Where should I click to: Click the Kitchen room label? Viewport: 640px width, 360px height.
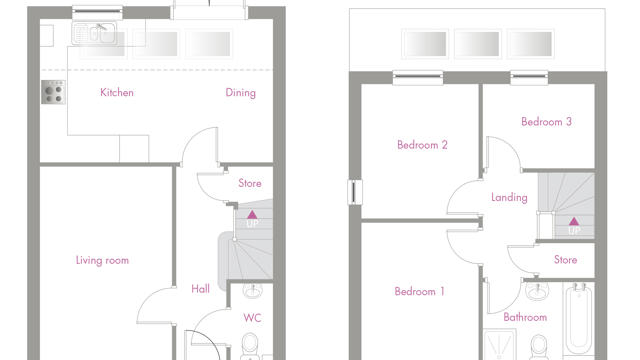point(117,93)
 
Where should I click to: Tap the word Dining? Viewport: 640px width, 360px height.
point(240,93)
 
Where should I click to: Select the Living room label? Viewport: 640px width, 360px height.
point(102,260)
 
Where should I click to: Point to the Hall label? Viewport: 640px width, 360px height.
point(200,289)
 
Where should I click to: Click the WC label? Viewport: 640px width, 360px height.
point(252,318)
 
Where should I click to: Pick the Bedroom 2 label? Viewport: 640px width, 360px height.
point(422,145)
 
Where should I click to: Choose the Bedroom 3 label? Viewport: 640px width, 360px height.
point(546,122)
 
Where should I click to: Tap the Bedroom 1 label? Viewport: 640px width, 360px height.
point(419,291)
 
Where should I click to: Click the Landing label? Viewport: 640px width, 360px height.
point(509,198)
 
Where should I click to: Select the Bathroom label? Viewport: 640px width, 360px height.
point(525,317)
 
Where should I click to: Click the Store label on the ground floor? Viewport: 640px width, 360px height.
point(250,183)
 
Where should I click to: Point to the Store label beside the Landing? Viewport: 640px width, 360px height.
point(565,260)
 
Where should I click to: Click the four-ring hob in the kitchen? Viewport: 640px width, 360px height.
point(53,92)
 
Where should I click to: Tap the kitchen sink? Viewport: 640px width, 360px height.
point(94,33)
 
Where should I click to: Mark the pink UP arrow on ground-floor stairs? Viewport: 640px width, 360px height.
point(252,215)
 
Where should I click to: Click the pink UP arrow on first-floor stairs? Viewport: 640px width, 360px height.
point(574,221)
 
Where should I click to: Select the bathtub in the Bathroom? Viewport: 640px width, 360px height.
point(578,318)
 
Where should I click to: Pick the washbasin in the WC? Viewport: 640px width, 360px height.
point(253,291)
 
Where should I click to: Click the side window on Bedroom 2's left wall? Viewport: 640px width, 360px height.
point(354,192)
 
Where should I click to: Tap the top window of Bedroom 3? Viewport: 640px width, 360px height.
point(529,78)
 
